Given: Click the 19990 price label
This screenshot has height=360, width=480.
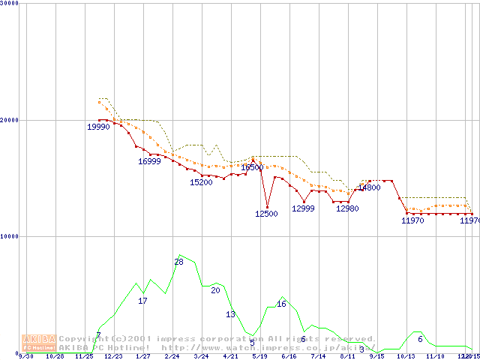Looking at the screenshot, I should click(98, 127).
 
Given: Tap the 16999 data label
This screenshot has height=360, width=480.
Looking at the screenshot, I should click(149, 161).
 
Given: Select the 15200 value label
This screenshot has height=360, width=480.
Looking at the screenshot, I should click(201, 182).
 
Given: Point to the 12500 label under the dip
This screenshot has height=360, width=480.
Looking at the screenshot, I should click(266, 214).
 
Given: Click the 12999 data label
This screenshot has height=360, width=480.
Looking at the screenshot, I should click(303, 208).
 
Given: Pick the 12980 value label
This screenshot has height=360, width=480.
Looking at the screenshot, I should click(347, 208).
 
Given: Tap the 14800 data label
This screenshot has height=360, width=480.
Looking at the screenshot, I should click(369, 187).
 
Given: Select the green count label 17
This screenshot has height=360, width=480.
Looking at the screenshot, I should click(142, 301).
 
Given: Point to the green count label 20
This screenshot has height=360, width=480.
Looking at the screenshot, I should click(215, 289).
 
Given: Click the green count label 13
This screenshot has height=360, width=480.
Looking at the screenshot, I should click(230, 314).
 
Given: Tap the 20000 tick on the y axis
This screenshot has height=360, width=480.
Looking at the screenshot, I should click(9, 120).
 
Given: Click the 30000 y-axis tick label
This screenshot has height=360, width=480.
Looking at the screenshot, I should click(9, 4).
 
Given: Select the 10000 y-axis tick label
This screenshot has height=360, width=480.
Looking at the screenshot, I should click(9, 236).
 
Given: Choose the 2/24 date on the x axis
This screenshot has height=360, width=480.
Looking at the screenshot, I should click(172, 356).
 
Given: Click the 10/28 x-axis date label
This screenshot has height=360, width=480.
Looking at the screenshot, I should click(55, 356).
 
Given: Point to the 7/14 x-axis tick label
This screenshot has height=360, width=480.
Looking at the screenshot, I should click(318, 356).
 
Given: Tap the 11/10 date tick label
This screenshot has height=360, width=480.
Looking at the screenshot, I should click(435, 356).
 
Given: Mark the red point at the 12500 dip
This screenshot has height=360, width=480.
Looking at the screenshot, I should click(267, 207).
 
